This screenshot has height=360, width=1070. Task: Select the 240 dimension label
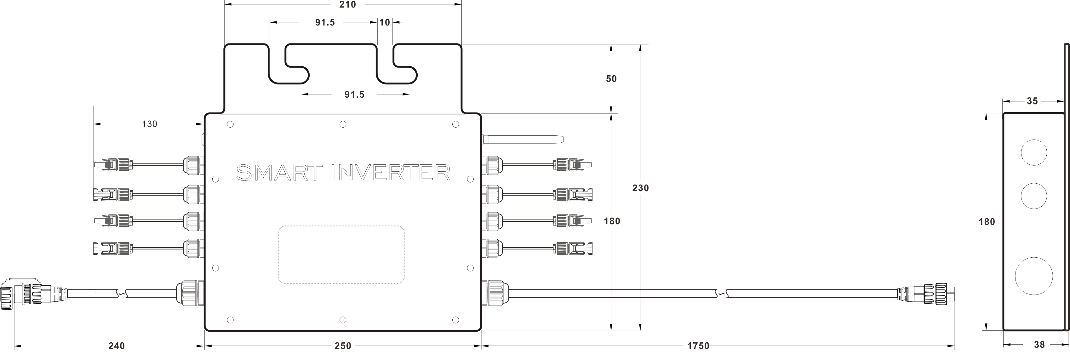116,346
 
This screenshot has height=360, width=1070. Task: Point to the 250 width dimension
343,346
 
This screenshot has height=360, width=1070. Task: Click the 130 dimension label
150,124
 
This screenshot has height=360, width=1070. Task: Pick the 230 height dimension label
640,188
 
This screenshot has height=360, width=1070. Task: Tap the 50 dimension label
611,79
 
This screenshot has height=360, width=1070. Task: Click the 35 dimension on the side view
1032,101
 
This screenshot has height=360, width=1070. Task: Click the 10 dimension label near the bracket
385,22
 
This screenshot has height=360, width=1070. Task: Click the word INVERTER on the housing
391,173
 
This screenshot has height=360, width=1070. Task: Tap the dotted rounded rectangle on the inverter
341,254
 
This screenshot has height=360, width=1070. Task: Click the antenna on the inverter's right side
522,140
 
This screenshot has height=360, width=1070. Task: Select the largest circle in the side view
1033,276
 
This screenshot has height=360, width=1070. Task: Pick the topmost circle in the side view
1033,153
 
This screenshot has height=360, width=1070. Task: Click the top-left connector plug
113,165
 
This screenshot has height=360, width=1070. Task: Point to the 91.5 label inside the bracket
354,95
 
